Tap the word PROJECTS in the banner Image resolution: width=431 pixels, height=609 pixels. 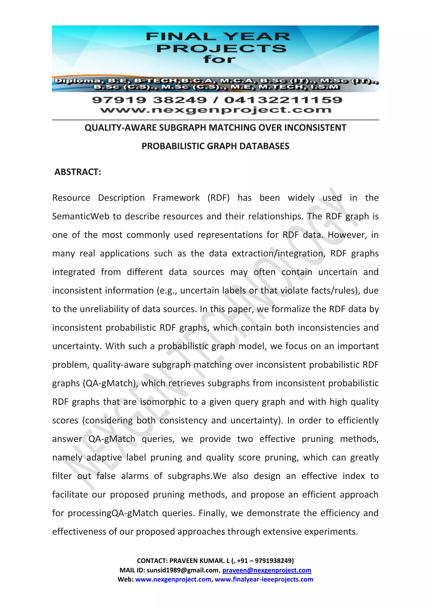point(222,49)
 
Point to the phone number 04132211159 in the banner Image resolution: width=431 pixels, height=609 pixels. point(283,100)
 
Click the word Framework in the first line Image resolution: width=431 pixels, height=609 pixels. point(176,198)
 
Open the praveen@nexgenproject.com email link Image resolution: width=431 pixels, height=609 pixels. point(267,570)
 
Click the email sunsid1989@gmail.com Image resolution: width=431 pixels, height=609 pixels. point(183,570)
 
